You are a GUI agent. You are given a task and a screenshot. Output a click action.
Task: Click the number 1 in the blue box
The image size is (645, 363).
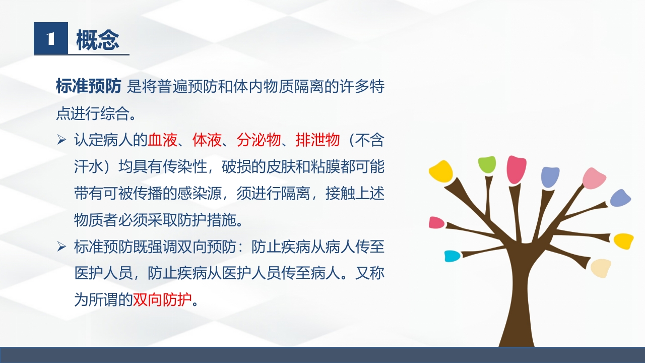point(50,39)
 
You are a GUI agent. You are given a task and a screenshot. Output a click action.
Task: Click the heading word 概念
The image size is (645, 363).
point(98,40)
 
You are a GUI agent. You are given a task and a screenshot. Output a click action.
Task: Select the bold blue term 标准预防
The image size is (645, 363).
point(88,87)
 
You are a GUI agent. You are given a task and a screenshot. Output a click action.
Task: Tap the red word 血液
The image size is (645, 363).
point(162,140)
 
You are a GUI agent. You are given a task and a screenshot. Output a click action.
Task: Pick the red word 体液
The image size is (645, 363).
point(207,140)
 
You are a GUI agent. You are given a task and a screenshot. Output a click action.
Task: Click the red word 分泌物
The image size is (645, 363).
point(258,140)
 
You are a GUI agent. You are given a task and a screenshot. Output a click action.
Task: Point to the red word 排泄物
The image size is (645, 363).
point(317,140)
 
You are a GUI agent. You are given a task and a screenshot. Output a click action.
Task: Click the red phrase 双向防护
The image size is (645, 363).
point(162,300)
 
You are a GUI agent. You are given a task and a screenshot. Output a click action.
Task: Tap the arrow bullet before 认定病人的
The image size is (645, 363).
point(61,140)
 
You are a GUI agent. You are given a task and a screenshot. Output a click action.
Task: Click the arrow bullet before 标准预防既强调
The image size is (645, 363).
point(61,247)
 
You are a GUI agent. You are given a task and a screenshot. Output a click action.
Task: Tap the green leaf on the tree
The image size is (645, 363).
point(487,164)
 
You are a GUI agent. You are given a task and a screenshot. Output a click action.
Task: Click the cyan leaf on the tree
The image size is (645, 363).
point(452,256)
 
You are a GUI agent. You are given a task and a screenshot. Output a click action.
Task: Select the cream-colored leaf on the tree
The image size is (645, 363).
point(601,268)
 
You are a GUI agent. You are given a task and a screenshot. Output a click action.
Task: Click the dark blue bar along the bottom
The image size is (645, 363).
point(322,355)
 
